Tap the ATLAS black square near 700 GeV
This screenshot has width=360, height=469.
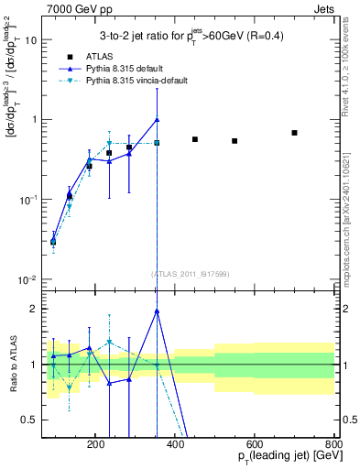294,133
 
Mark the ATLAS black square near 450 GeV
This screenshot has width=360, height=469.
195,139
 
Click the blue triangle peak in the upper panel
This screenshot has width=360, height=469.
158,119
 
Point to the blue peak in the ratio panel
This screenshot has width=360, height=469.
158,311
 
